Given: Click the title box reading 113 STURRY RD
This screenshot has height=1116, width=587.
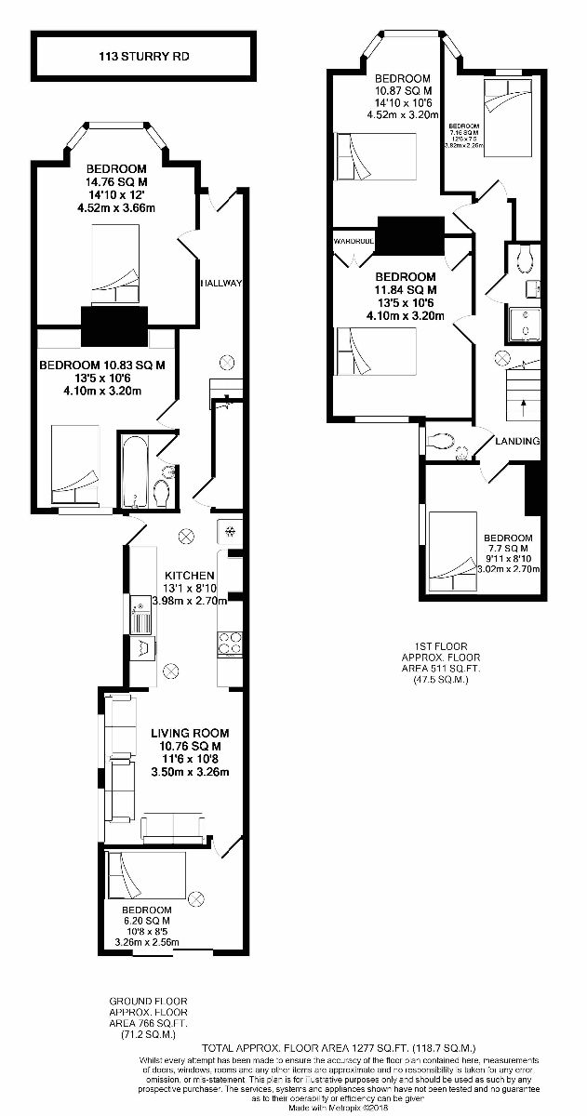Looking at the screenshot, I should tap(143, 57).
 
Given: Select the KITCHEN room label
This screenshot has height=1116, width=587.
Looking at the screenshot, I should tap(190, 577).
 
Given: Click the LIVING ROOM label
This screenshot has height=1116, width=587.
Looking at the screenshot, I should tap(189, 733).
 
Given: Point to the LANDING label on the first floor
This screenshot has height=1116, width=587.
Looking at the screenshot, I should tap(517, 441).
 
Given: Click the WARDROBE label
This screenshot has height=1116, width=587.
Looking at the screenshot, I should tap(353, 242).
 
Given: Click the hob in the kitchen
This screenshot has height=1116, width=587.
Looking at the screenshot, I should tap(230, 643).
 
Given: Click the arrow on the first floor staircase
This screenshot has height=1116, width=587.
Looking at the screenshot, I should tap(523, 403).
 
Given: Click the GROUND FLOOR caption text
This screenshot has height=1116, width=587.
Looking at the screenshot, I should tap(149, 1001).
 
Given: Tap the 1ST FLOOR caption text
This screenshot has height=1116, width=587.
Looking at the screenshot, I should tap(441, 645).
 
